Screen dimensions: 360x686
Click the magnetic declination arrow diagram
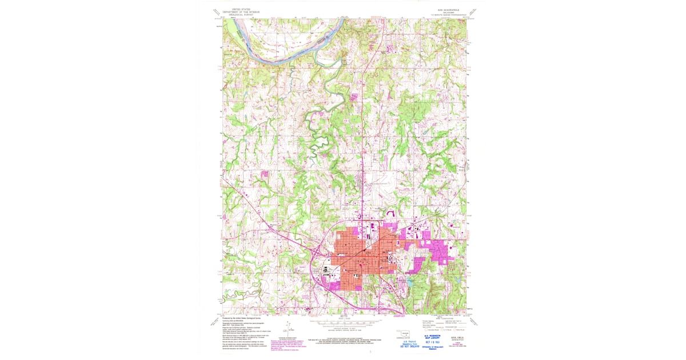(288, 331)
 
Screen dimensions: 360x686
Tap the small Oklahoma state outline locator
(406, 333)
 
